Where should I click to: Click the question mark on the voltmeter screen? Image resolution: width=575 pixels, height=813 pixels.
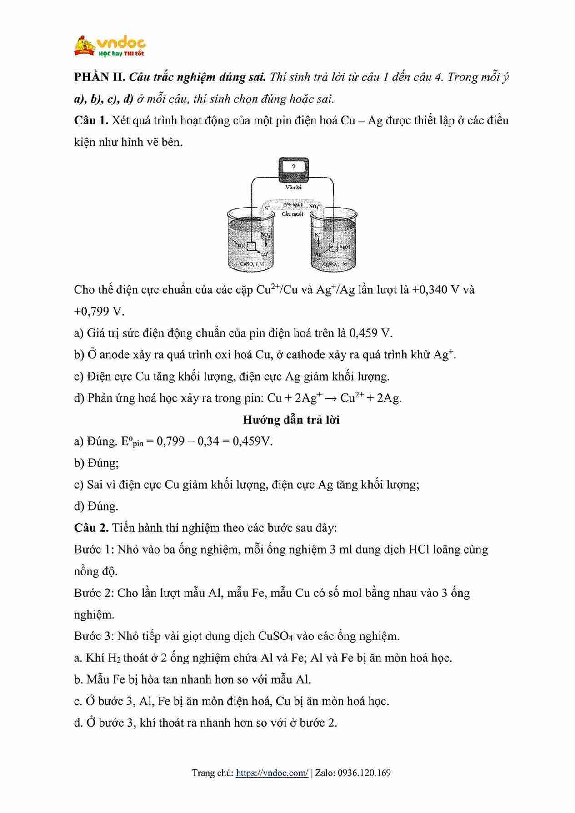[293, 167]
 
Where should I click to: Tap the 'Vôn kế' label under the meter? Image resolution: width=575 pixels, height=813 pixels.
[294, 187]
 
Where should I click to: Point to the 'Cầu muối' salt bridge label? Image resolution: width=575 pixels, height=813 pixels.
[292, 214]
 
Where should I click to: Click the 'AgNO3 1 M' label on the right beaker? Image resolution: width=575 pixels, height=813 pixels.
[335, 264]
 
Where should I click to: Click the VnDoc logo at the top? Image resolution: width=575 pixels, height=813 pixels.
[110, 46]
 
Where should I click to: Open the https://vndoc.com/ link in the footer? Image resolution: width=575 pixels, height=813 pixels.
[272, 773]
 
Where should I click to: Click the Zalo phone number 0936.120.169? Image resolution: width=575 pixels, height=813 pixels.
[364, 773]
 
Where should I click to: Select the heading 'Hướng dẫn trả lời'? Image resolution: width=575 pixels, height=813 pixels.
[291, 420]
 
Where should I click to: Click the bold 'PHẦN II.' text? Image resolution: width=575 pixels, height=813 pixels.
[100, 77]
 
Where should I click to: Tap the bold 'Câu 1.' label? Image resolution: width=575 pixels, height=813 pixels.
[91, 120]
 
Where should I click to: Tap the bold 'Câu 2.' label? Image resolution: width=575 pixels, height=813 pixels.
[91, 528]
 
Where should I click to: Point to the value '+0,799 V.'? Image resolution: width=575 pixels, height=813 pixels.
[99, 312]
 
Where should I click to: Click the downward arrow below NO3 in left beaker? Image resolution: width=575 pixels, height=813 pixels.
[266, 243]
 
